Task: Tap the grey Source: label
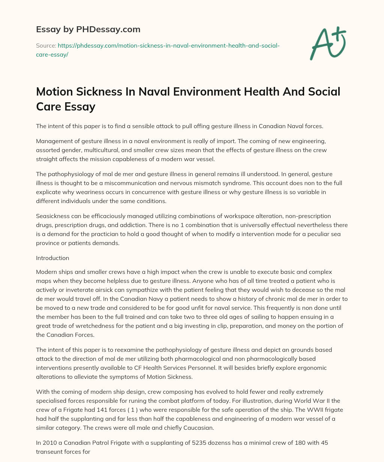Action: pos(46,46)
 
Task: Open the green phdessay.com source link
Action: pos(157,50)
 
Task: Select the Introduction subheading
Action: pos(52,258)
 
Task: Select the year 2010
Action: pos(50,443)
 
